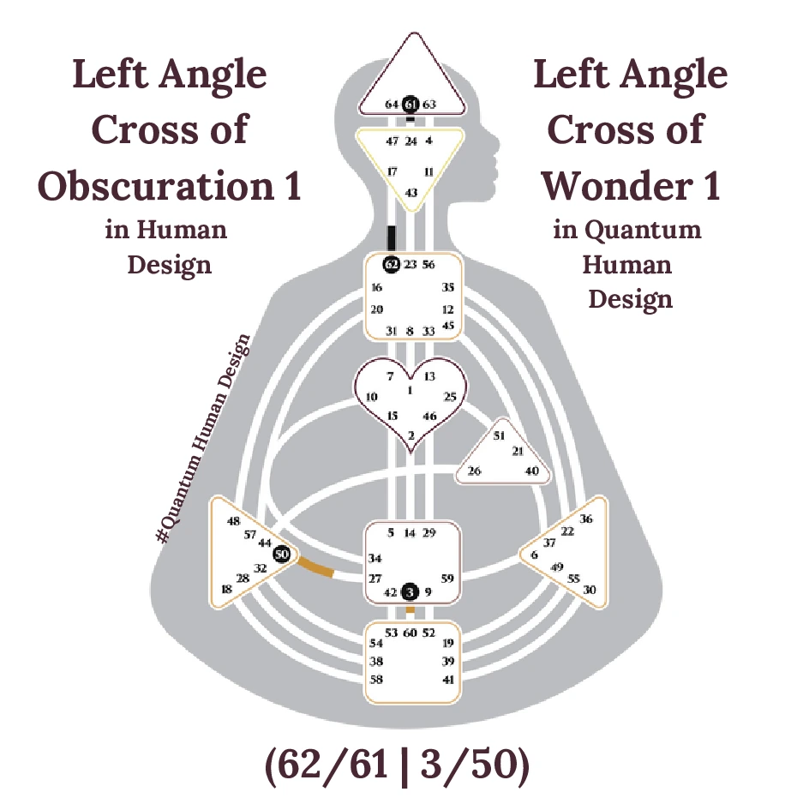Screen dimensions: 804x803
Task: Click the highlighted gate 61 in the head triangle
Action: tap(410, 104)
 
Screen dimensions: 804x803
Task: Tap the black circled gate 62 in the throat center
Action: tap(392, 264)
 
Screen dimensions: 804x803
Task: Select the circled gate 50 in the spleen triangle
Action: tap(280, 555)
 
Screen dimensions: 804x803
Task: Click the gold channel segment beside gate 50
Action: tap(315, 568)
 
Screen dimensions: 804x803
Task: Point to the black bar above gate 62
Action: tap(392, 237)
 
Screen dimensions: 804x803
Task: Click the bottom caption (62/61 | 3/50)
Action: tap(398, 765)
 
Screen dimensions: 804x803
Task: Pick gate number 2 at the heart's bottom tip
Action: tap(410, 436)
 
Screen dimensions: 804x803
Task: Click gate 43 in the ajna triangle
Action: tap(410, 193)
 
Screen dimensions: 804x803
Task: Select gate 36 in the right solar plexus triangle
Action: tap(586, 519)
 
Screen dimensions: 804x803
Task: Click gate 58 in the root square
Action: tap(375, 679)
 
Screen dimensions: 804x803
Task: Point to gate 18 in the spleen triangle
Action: tap(226, 590)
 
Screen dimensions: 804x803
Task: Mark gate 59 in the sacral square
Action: tap(446, 578)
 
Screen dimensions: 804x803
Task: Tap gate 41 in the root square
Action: tap(447, 679)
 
